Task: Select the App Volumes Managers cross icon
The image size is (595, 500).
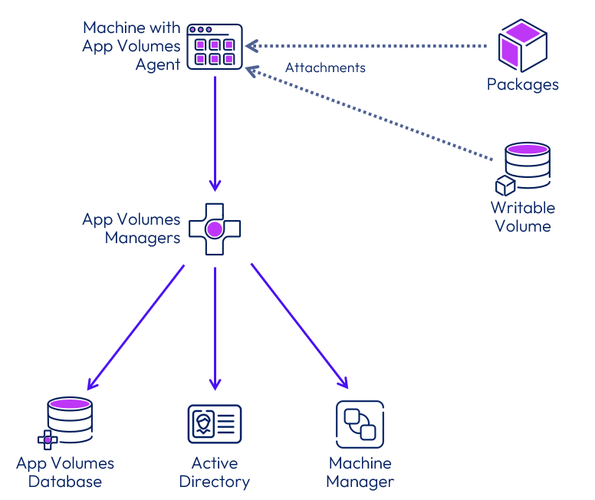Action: tap(215, 229)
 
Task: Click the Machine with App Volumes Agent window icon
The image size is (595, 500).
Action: tap(215, 48)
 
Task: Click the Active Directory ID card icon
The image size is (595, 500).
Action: tap(215, 424)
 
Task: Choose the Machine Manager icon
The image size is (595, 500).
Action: tap(360, 424)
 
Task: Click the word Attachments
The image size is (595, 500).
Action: tap(325, 67)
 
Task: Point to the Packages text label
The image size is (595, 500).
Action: tap(522, 84)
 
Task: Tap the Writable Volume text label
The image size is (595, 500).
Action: tap(523, 216)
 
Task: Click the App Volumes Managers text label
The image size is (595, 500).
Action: tap(131, 229)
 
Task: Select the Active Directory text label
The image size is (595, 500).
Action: tap(215, 472)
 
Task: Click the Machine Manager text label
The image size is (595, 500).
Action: tap(360, 472)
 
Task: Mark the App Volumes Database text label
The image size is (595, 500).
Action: tap(65, 472)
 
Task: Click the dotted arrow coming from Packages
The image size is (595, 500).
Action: tap(368, 47)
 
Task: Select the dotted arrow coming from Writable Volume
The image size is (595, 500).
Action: tap(368, 114)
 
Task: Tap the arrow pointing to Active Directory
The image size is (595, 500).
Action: tap(215, 327)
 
